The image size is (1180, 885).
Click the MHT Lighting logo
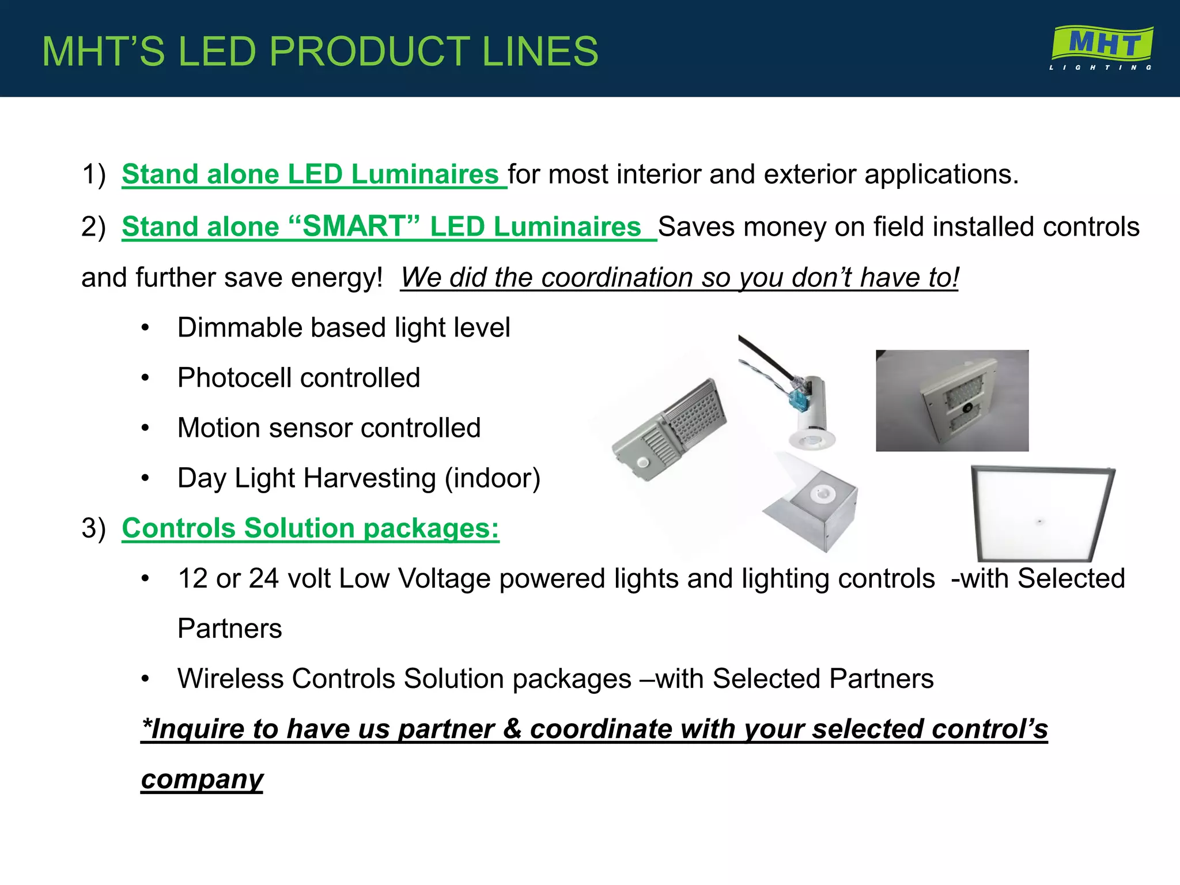pos(1101,48)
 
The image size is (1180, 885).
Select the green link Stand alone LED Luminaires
pos(310,175)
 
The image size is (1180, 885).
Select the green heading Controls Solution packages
pos(310,528)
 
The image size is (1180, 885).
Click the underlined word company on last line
pos(202,780)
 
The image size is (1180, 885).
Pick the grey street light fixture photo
pos(668,429)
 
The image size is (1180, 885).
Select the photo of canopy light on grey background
pos(952,400)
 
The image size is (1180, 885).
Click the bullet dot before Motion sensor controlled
pos(145,428)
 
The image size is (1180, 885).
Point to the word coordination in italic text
pos(617,278)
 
